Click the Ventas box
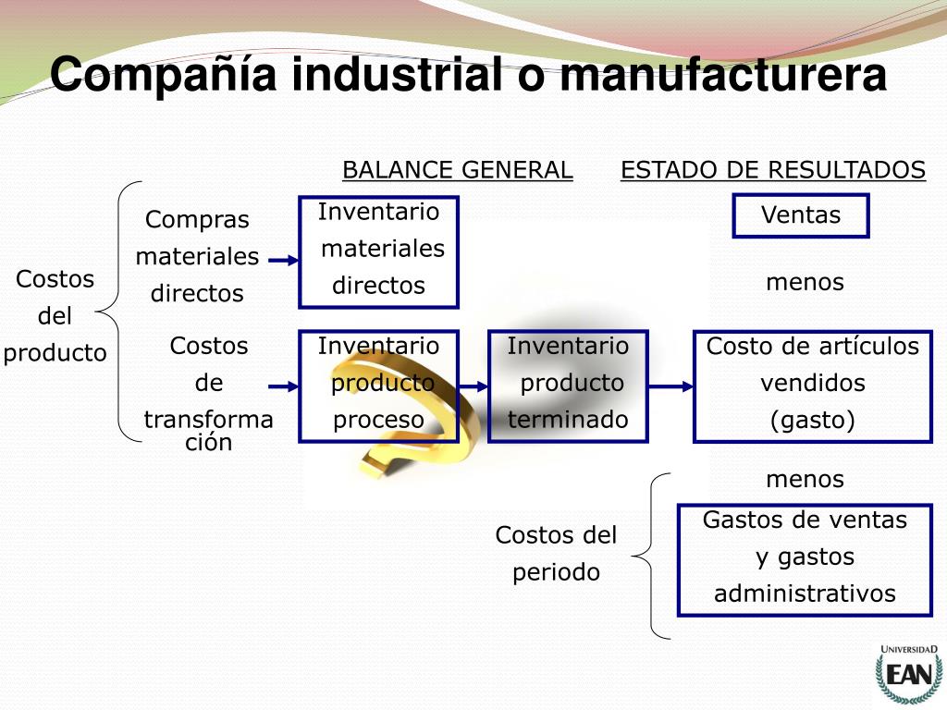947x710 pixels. (x=801, y=215)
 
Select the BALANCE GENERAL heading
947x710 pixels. (x=457, y=170)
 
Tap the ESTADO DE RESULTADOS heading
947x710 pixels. (x=772, y=170)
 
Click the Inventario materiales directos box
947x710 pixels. (x=378, y=251)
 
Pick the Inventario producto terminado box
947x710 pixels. (x=568, y=386)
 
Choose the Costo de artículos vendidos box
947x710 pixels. (x=813, y=386)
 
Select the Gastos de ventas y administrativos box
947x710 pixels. (x=805, y=559)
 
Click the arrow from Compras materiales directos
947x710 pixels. (x=281, y=262)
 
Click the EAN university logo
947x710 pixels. (x=908, y=674)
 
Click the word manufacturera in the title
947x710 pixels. (x=723, y=75)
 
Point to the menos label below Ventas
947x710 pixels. (x=805, y=282)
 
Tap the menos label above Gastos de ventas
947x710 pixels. (x=805, y=479)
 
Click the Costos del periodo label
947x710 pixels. (x=556, y=553)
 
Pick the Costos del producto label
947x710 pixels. (x=55, y=316)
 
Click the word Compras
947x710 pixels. (x=197, y=220)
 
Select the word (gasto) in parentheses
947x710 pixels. (x=813, y=421)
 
